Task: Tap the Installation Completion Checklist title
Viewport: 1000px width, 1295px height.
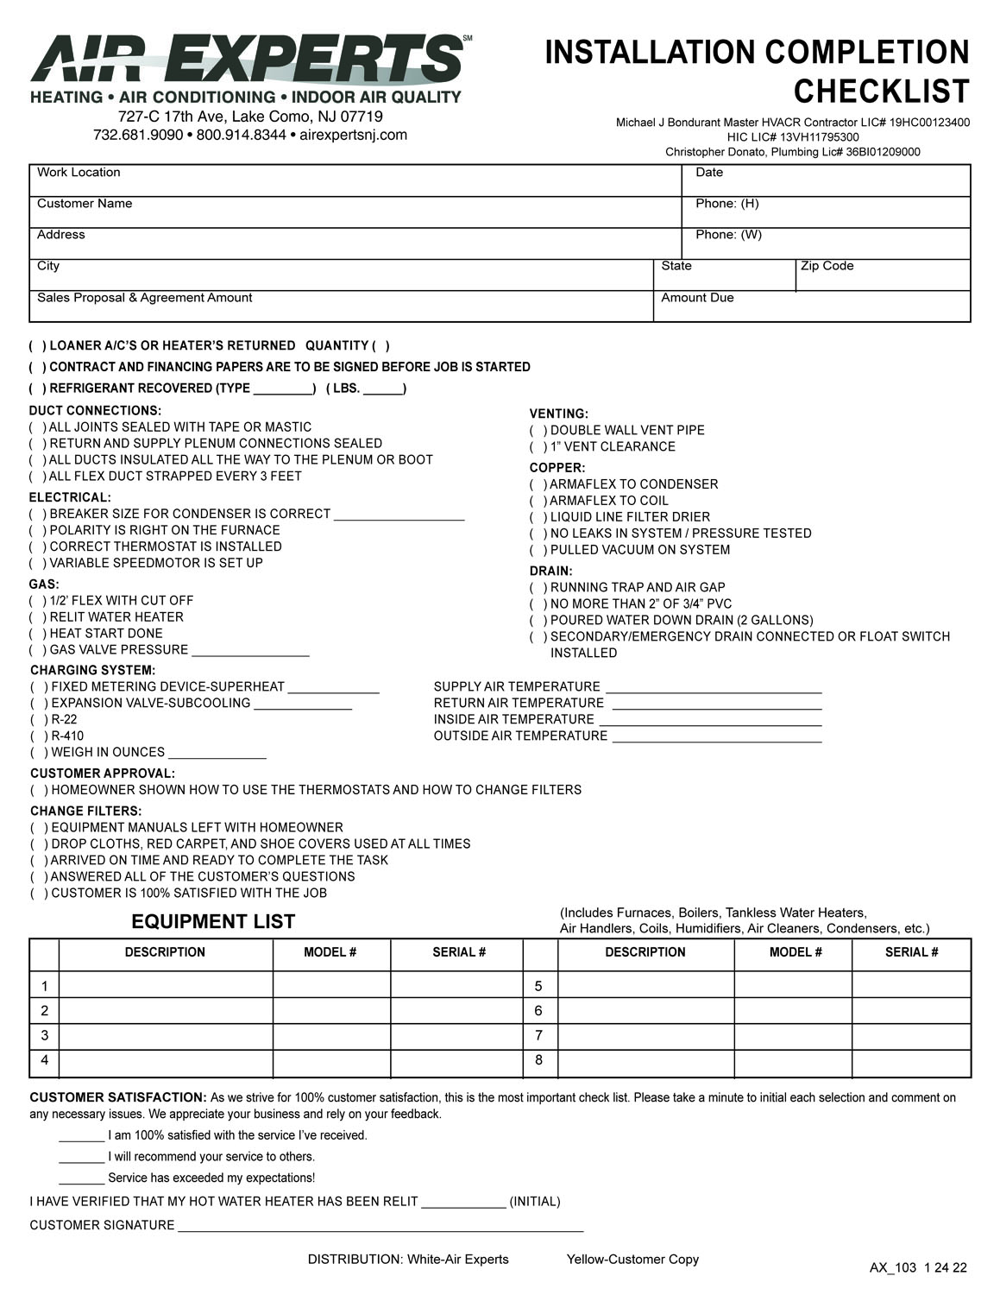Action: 757,71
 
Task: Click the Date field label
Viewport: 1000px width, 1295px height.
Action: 709,173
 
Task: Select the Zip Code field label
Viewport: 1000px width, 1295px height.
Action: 827,266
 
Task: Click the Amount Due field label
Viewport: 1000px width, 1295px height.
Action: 697,298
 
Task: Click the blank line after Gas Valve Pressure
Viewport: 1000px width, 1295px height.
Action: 250,653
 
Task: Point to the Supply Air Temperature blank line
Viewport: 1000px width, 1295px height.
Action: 714,689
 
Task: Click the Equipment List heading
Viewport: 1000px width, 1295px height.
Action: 213,922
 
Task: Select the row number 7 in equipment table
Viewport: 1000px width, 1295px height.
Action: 539,1035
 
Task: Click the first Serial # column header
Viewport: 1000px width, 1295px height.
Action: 459,952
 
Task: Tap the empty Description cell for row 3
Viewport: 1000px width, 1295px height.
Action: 166,1035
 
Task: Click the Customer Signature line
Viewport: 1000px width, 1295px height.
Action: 380,1227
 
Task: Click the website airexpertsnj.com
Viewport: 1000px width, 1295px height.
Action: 353,136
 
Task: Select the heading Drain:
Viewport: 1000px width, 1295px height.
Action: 550,572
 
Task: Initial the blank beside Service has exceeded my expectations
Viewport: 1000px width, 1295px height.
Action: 81,1179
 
